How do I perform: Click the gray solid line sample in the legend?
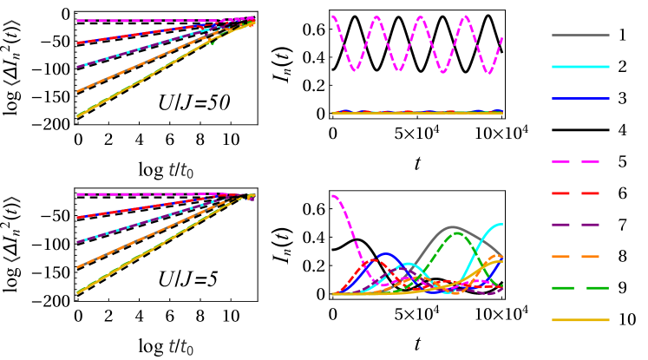580,36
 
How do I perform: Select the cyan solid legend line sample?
580,67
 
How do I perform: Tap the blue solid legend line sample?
580,98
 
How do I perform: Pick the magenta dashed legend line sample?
576,161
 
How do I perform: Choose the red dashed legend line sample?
576,193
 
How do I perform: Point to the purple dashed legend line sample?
576,225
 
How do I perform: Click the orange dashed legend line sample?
576,257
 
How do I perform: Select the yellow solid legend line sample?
580,320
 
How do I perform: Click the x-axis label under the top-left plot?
180,171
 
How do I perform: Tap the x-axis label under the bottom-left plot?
180,348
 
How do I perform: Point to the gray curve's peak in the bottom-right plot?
453,227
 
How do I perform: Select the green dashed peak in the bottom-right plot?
461,234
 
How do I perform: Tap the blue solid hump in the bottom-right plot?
386,255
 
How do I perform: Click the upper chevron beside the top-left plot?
12,24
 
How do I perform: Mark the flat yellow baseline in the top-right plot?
416,113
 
